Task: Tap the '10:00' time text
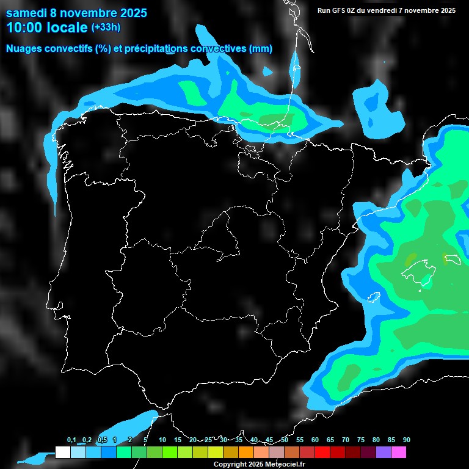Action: tap(24, 27)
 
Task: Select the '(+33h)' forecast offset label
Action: tap(106, 27)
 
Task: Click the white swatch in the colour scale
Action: tap(62, 452)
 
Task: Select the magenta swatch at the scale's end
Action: tap(398, 452)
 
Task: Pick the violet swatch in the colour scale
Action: tap(383, 452)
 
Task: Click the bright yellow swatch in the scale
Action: tap(215, 452)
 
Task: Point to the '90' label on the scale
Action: tap(406, 440)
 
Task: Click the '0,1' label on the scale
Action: tap(71, 440)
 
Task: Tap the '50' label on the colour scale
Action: tap(285, 440)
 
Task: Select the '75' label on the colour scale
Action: tap(360, 440)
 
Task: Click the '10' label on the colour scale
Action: tap(162, 440)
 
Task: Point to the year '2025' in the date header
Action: tap(129, 12)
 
